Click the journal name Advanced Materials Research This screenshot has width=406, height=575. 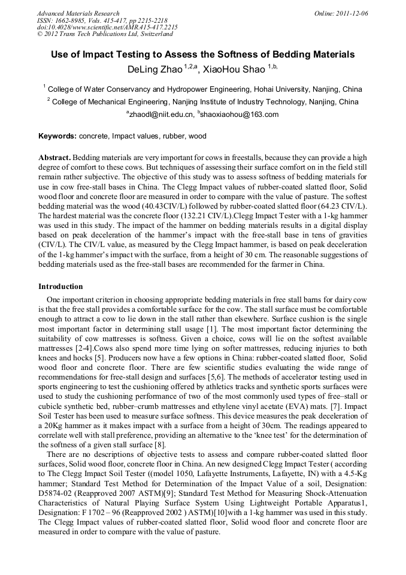pos(78,13)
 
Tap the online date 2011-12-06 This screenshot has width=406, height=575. pos(352,13)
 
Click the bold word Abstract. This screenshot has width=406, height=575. pos(54,157)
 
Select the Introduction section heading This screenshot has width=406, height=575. pos(60,287)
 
